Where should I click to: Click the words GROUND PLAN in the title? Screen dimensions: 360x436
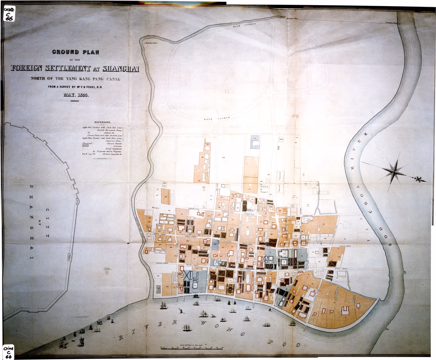76,52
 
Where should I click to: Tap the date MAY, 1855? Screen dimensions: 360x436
76,95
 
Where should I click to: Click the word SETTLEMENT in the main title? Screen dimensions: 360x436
68,68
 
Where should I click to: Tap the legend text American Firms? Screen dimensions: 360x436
114,141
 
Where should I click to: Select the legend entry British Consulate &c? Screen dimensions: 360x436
112,154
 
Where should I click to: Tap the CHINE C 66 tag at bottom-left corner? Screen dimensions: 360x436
9,352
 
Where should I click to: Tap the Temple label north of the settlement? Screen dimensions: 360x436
281,139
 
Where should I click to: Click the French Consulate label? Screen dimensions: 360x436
107,270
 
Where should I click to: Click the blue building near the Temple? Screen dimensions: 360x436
255,142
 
